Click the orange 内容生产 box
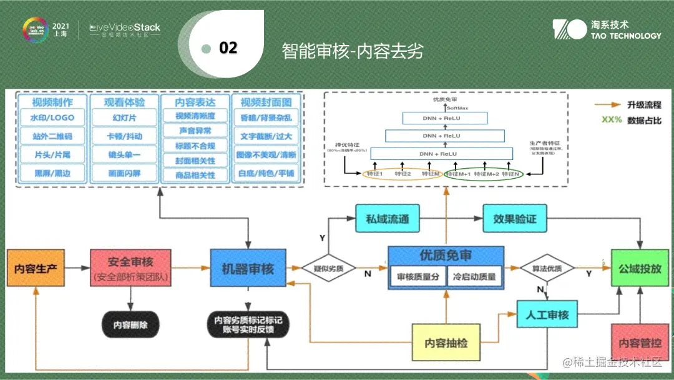click(35, 269)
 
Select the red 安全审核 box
click(130, 268)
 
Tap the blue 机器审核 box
click(248, 269)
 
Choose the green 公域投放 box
click(640, 268)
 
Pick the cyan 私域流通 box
click(387, 219)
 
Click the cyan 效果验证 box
click(514, 219)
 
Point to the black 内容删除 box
click(130, 325)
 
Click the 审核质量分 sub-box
click(418, 276)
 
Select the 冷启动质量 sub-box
click(474, 276)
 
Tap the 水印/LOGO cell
click(52, 117)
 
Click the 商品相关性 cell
click(195, 175)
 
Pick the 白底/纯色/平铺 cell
click(266, 174)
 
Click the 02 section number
click(228, 48)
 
